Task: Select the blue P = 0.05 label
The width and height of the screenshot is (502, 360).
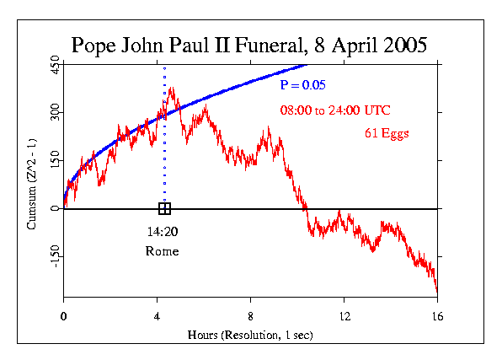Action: coord(303,85)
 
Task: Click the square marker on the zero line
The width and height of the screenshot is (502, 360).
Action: coord(164,208)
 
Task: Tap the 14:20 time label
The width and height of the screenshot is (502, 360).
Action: coord(162,230)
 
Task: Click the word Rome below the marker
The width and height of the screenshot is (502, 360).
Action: coord(162,251)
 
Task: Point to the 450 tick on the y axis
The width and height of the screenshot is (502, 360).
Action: coord(54,66)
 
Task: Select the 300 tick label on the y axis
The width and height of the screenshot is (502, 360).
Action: coord(54,113)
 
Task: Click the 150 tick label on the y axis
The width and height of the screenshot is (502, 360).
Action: coord(54,160)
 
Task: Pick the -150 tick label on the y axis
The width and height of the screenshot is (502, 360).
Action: coord(54,256)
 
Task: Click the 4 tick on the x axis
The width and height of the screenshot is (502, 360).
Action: coord(157,314)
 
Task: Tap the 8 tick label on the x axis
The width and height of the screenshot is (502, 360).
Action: coord(250,314)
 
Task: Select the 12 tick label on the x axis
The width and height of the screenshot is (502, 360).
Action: coord(344,314)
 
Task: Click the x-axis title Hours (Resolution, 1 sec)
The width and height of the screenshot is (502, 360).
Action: coord(250,336)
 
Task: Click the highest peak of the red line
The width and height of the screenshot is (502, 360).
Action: coord(172,87)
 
